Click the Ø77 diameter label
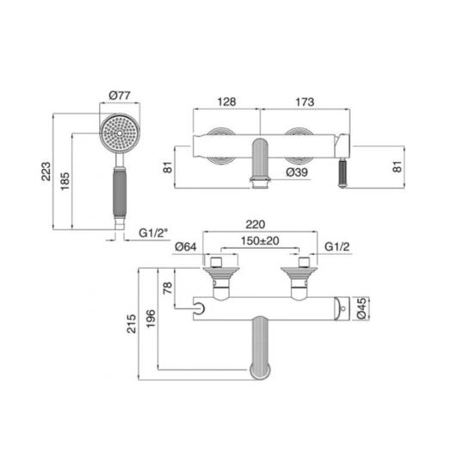(x=120, y=96)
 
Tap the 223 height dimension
(x=46, y=171)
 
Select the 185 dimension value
(x=65, y=181)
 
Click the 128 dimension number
(x=226, y=102)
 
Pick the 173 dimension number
(x=305, y=102)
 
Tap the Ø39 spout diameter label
(x=297, y=172)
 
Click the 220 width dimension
(x=256, y=224)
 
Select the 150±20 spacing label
(x=260, y=240)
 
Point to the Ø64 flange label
(x=186, y=247)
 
